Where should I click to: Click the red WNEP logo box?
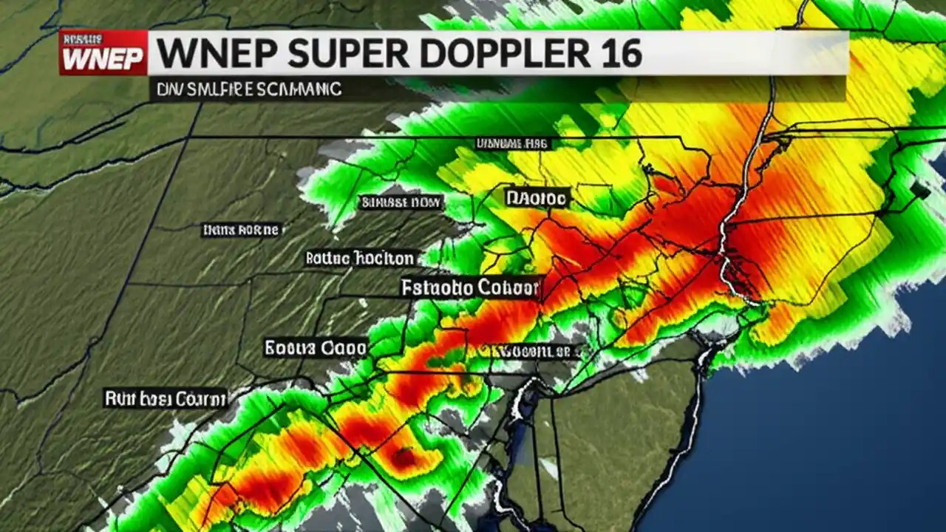pos(103,52)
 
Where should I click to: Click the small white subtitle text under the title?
pos(249,89)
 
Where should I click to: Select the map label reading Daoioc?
pos(537,197)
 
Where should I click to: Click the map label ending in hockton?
pos(360,258)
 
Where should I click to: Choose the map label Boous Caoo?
pos(315,347)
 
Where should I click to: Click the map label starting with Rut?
pos(165,400)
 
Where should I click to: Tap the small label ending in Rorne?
pos(241,231)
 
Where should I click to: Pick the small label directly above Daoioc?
pos(512,143)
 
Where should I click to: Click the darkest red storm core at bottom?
pos(404,458)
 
